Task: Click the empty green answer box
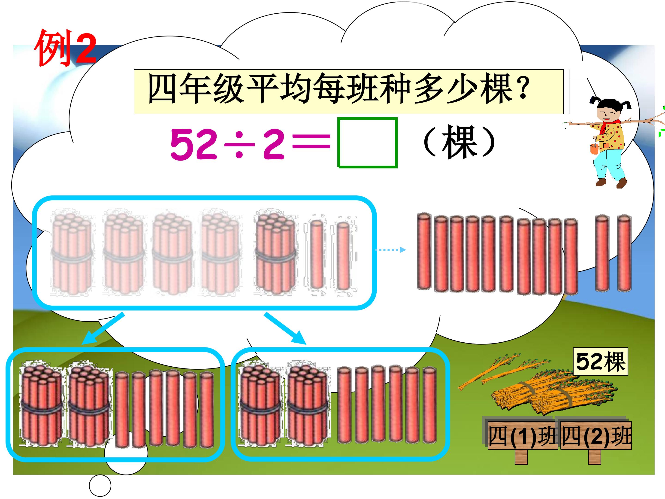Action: tap(367, 142)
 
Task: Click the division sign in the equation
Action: tap(239, 145)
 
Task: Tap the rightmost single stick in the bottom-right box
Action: tap(429, 405)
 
